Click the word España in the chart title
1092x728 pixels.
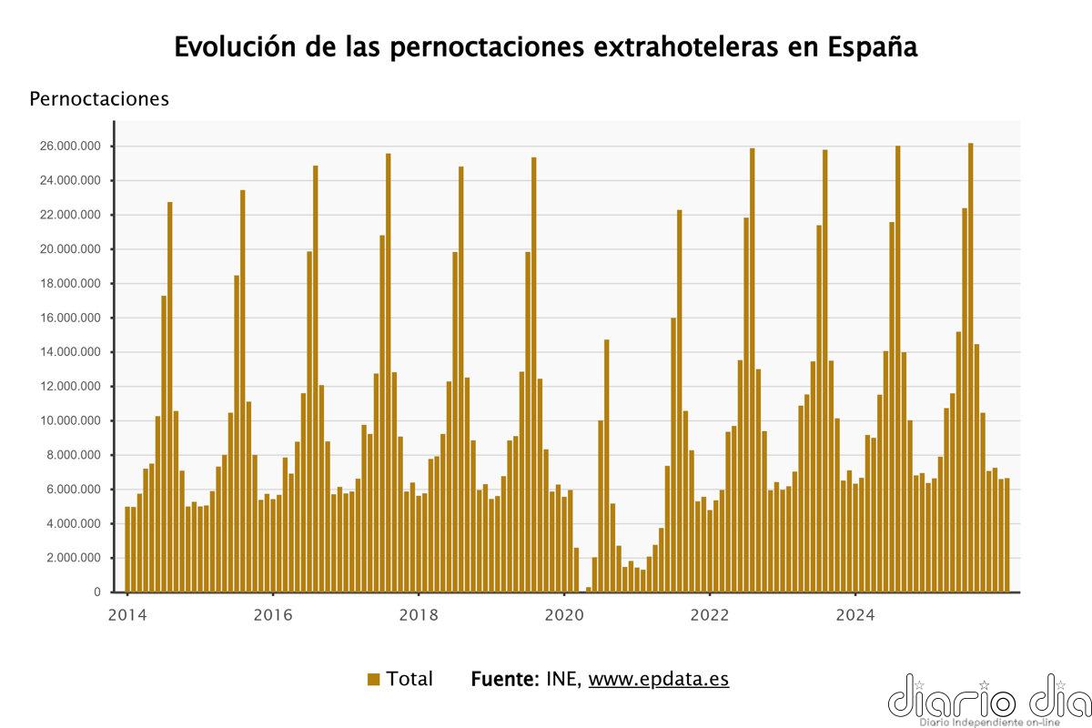point(875,46)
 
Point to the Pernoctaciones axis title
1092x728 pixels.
point(99,99)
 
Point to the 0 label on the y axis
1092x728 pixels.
point(97,592)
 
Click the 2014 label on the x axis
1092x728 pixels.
point(126,614)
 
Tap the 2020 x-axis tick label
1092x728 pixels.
point(563,614)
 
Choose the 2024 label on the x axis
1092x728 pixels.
point(854,614)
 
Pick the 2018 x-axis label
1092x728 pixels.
point(418,614)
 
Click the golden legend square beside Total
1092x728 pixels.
point(373,679)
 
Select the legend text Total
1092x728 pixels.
point(409,679)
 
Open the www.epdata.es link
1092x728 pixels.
point(659,679)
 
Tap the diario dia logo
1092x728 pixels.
point(987,699)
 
